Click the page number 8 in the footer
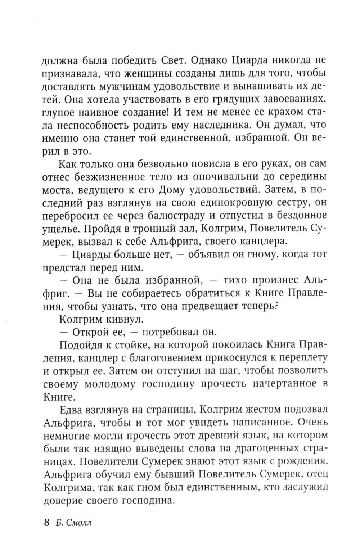46,523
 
